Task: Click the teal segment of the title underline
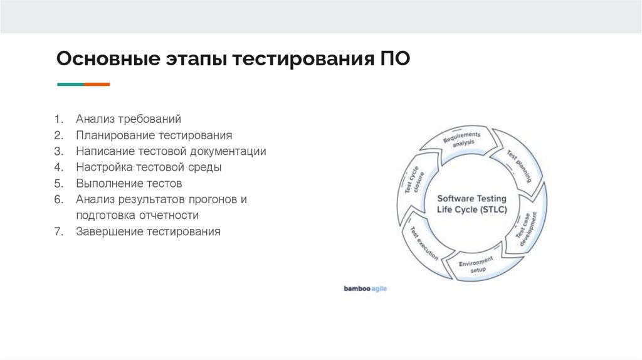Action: point(70,84)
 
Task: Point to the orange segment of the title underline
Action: point(97,84)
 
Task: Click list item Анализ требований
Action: point(129,119)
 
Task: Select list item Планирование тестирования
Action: point(154,135)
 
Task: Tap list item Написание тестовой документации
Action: point(171,151)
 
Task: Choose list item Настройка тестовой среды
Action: point(149,167)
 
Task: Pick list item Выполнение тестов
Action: point(129,184)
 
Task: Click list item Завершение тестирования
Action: point(149,232)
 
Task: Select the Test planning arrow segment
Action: point(518,164)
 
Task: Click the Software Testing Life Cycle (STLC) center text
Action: point(471,204)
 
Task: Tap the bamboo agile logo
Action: point(365,289)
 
